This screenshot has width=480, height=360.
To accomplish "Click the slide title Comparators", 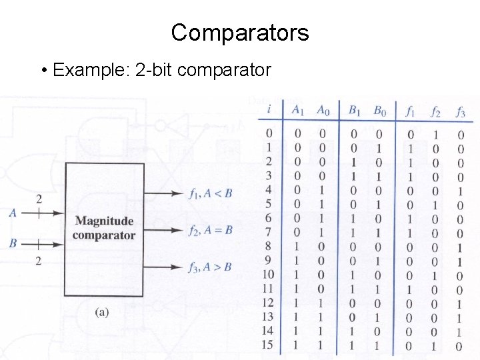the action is tap(240, 32).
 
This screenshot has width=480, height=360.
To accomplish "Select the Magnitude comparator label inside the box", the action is tap(104, 228).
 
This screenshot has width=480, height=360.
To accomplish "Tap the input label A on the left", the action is tap(13, 213).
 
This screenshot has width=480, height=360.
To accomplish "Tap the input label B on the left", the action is tap(13, 244).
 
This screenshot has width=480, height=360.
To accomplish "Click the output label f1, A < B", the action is tap(210, 194).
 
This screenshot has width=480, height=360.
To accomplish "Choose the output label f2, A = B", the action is tap(210, 231).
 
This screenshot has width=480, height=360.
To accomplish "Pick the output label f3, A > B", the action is tap(210, 267).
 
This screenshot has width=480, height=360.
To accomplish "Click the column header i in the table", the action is tap(268, 110).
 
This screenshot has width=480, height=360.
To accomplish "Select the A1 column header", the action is tap(298, 111).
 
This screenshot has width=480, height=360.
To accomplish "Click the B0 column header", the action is tap(378, 111).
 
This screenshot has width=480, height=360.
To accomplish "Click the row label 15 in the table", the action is tap(267, 346).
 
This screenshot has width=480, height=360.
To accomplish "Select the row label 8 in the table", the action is tap(269, 247).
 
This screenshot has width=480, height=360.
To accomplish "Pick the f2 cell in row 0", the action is tap(435, 134).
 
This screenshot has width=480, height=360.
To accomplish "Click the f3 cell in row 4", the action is tap(460, 191).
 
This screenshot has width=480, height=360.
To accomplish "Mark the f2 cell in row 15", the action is tap(435, 346).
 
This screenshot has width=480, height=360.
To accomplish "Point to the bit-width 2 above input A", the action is tap(39, 199).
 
